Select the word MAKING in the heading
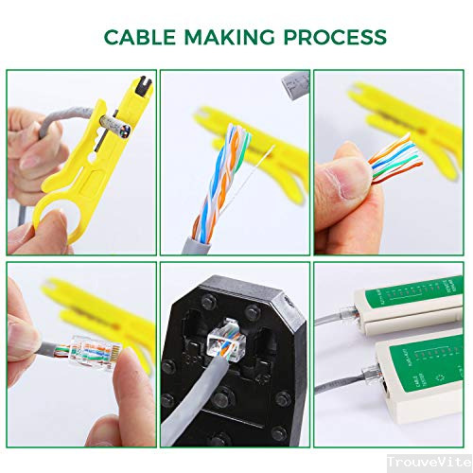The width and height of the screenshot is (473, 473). click(x=227, y=37)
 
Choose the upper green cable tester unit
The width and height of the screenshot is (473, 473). click(x=397, y=303)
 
